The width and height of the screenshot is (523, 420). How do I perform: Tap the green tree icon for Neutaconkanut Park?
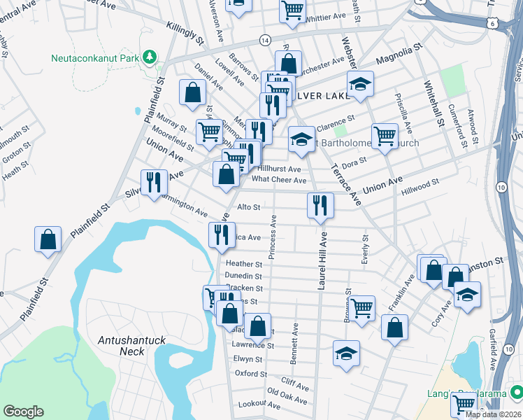[148, 56]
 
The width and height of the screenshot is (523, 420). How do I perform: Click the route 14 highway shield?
[265, 41]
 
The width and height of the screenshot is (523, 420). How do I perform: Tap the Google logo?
[23, 412]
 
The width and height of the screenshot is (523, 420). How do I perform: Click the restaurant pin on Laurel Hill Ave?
[320, 206]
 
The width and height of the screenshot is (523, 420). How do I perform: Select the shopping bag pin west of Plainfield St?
[48, 239]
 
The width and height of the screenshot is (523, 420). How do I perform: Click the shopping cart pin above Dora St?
[385, 136]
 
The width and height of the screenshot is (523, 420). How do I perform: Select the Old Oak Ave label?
[287, 395]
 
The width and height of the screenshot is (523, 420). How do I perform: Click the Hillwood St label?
[420, 184]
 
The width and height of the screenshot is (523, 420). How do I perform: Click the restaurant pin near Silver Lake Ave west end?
[152, 183]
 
